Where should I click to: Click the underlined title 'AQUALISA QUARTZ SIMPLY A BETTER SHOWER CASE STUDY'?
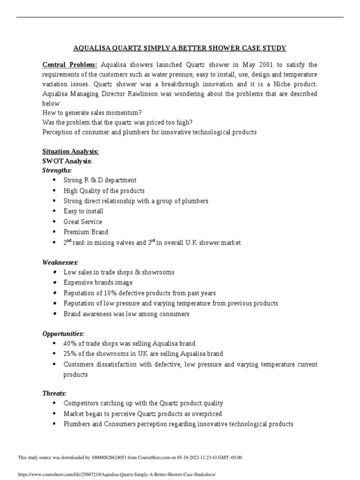coord(180,48)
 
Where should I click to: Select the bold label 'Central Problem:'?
coord(70,64)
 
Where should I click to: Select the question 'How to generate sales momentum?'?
coord(92,112)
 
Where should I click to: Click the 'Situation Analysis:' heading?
coord(70,151)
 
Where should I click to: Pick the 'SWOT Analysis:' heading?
coord(67,161)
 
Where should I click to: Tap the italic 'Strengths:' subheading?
coord(57,171)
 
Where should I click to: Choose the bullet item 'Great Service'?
coord(82,222)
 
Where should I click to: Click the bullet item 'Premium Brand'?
coord(86,232)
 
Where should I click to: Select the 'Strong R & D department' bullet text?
coord(100,180)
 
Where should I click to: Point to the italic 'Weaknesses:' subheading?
coord(60,262)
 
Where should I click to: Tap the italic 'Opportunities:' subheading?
coord(63,334)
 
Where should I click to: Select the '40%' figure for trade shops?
coord(71,344)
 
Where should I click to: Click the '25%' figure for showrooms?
coord(71,354)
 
